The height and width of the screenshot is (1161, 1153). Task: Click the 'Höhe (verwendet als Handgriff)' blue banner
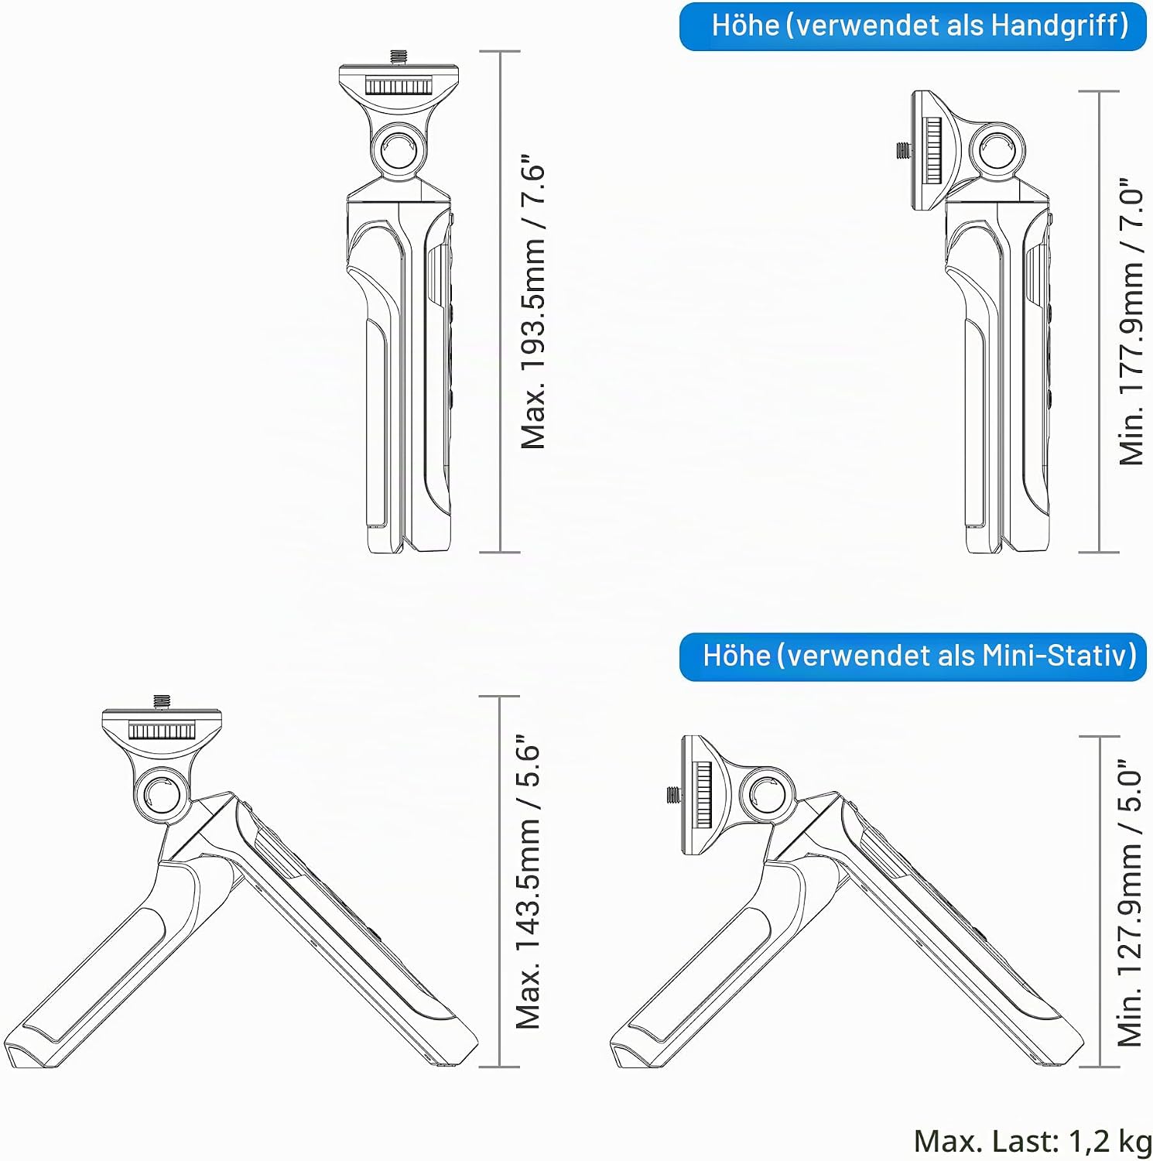point(912,26)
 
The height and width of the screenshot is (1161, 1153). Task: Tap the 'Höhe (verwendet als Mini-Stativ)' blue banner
point(912,656)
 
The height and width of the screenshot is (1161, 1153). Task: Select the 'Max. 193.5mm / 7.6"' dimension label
point(533,306)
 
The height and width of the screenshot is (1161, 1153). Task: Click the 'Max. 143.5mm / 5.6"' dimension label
point(529,882)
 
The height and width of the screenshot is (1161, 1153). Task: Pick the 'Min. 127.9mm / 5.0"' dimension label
point(1130,902)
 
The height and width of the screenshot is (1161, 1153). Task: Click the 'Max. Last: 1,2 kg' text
point(1032,1141)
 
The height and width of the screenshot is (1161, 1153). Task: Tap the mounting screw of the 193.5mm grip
point(399,57)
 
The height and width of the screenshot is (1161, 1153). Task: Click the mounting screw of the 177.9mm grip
point(903,150)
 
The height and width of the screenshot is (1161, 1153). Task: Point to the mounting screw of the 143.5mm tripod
point(162,702)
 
